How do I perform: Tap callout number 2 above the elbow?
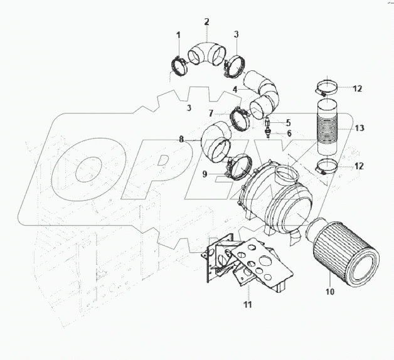click(x=207, y=22)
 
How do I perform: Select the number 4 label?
click(x=235, y=89)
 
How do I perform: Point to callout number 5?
click(x=287, y=122)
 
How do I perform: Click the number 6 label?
click(x=290, y=134)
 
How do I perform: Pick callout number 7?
click(x=212, y=114)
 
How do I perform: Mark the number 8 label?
click(x=181, y=139)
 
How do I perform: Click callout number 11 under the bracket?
click(x=247, y=305)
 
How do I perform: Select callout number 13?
click(x=359, y=129)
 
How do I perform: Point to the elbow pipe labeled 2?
click(x=208, y=52)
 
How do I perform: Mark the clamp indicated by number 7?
click(x=241, y=118)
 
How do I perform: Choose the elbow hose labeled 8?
click(x=216, y=143)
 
